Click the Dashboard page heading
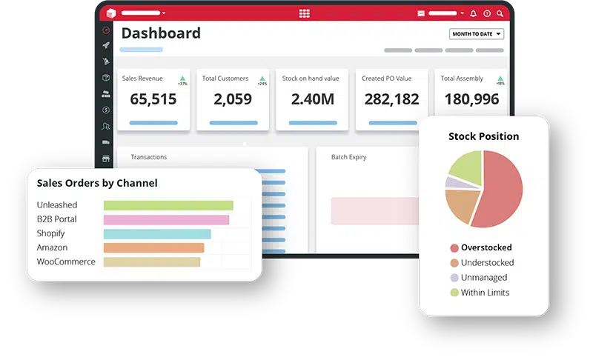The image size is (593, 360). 161,33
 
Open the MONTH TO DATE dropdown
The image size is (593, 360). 476,34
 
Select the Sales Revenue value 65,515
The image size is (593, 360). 153,99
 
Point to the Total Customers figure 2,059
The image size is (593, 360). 233,99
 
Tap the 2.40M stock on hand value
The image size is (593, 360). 312,99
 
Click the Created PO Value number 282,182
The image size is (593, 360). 392,99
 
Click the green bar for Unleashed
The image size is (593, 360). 168,205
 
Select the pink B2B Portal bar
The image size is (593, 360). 166,219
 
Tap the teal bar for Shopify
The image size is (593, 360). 157,234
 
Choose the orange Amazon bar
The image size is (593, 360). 153,248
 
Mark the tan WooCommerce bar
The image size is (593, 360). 152,262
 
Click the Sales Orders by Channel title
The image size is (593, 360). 97,183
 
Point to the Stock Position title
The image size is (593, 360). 483,136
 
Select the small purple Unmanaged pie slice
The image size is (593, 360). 451,181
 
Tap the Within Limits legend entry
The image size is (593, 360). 485,293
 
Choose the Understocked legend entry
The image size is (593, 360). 487,263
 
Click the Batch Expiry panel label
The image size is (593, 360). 348,157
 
